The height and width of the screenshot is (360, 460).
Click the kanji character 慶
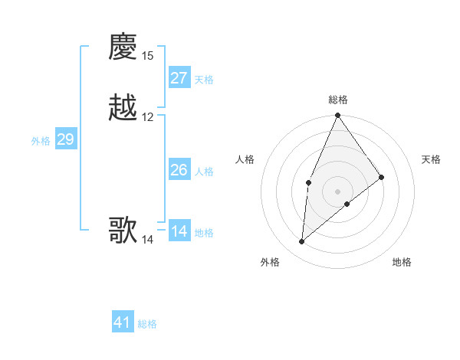123,47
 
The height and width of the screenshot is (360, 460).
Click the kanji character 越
123,108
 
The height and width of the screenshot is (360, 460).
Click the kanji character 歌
123,230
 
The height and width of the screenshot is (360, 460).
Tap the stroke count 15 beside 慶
148,56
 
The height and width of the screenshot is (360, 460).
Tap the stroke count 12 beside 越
148,117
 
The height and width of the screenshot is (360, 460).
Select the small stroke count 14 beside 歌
148,240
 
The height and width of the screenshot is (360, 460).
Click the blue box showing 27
179,78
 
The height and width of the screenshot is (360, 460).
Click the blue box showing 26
179,170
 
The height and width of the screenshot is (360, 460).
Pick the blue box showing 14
179,231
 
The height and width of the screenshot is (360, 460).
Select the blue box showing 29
65,139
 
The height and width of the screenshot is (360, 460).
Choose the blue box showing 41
123,322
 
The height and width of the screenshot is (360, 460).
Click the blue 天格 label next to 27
204,80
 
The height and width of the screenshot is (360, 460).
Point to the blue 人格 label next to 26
204,172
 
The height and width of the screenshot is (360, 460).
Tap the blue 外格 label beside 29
41,141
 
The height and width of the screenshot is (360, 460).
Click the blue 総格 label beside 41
147,324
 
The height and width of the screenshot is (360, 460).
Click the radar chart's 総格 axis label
338,100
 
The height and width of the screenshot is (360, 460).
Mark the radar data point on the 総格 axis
338,116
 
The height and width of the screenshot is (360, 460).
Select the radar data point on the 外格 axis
302,241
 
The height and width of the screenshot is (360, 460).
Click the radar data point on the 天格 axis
382,177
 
